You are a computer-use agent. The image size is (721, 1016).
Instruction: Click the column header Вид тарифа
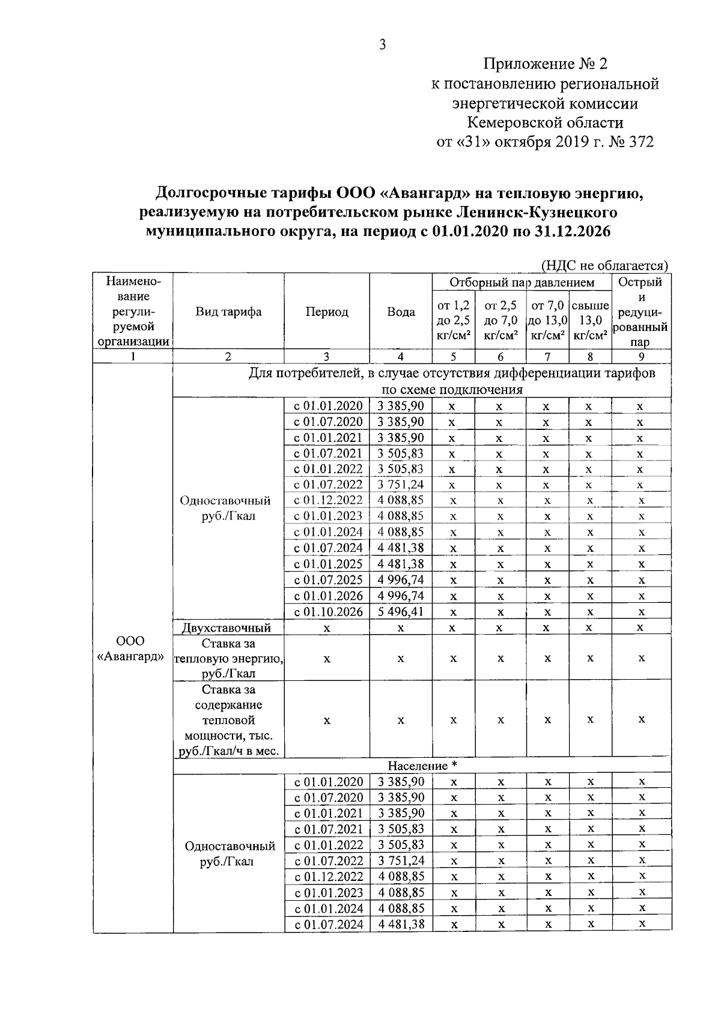228,312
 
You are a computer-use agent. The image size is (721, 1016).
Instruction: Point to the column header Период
327,312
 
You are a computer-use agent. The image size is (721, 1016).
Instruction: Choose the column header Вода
401,312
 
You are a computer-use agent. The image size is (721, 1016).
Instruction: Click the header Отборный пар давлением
522,282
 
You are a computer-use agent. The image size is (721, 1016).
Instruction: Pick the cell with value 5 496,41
401,612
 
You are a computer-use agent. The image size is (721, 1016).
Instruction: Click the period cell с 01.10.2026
328,612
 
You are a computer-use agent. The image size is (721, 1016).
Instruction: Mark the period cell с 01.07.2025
328,580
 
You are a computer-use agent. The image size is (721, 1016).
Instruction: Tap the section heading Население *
422,766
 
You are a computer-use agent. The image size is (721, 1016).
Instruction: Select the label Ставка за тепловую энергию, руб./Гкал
228,659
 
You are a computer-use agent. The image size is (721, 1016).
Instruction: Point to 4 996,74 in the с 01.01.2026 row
401,596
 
